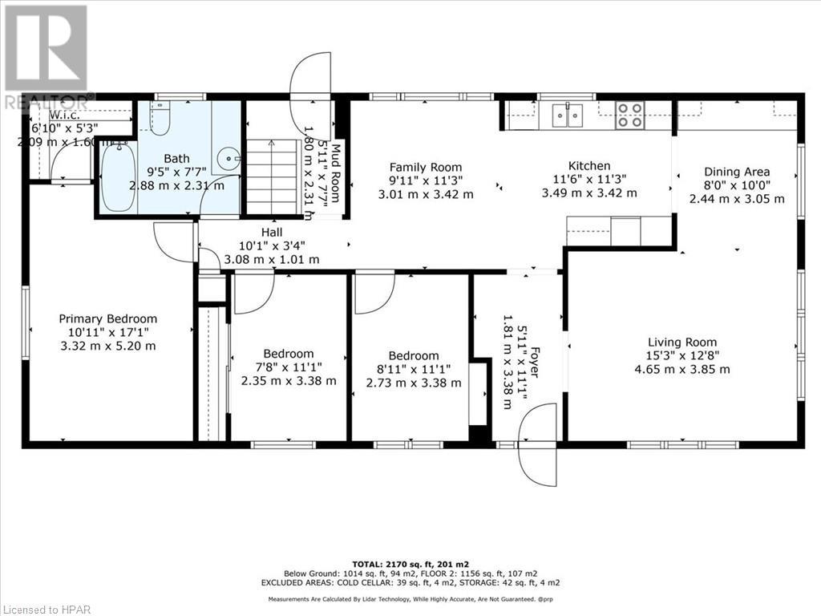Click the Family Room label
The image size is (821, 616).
426,167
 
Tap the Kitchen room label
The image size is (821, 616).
589,166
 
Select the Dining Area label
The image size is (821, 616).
737,171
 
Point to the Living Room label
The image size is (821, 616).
683,342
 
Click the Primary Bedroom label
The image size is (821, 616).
108,318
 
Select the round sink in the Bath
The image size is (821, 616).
233,160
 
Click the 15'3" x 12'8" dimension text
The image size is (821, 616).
682,355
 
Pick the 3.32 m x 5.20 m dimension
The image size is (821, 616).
108,346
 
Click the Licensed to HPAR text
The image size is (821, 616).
47,607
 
